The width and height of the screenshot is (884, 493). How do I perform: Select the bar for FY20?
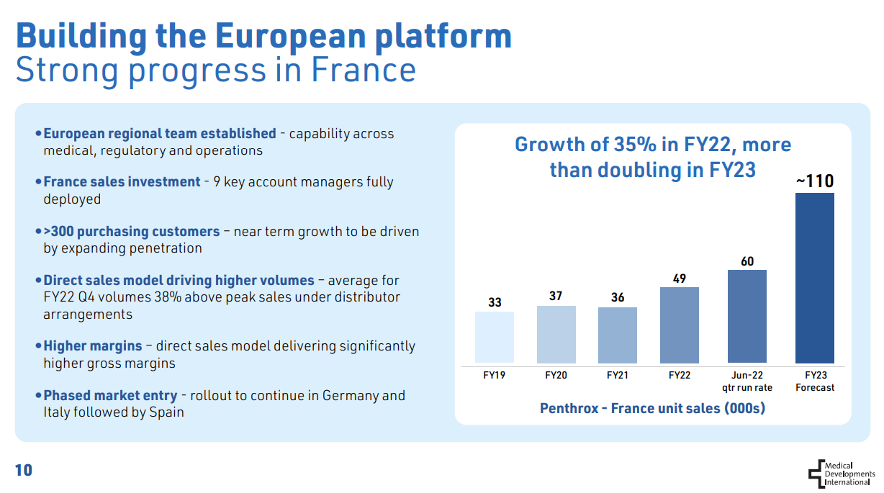point(556,334)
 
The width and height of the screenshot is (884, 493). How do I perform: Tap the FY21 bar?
point(618,335)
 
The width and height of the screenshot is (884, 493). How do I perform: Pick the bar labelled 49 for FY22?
point(679,325)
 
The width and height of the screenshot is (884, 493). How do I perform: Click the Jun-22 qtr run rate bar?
point(747,316)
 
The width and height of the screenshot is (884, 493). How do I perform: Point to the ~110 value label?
point(814,181)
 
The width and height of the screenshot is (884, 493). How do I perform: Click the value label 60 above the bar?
point(747,261)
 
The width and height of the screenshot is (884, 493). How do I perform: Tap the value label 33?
point(495,302)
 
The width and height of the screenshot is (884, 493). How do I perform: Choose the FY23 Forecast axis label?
point(815,381)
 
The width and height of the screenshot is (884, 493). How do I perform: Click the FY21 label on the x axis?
point(618,375)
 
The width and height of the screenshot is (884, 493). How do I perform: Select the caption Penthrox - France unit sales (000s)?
point(652,408)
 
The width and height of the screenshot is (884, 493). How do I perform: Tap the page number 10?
point(24,471)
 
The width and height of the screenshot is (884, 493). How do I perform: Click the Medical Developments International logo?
point(841,474)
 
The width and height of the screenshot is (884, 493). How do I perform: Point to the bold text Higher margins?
point(93,346)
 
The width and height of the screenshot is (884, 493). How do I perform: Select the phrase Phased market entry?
point(110,395)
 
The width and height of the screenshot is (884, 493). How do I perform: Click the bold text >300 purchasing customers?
point(132,232)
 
